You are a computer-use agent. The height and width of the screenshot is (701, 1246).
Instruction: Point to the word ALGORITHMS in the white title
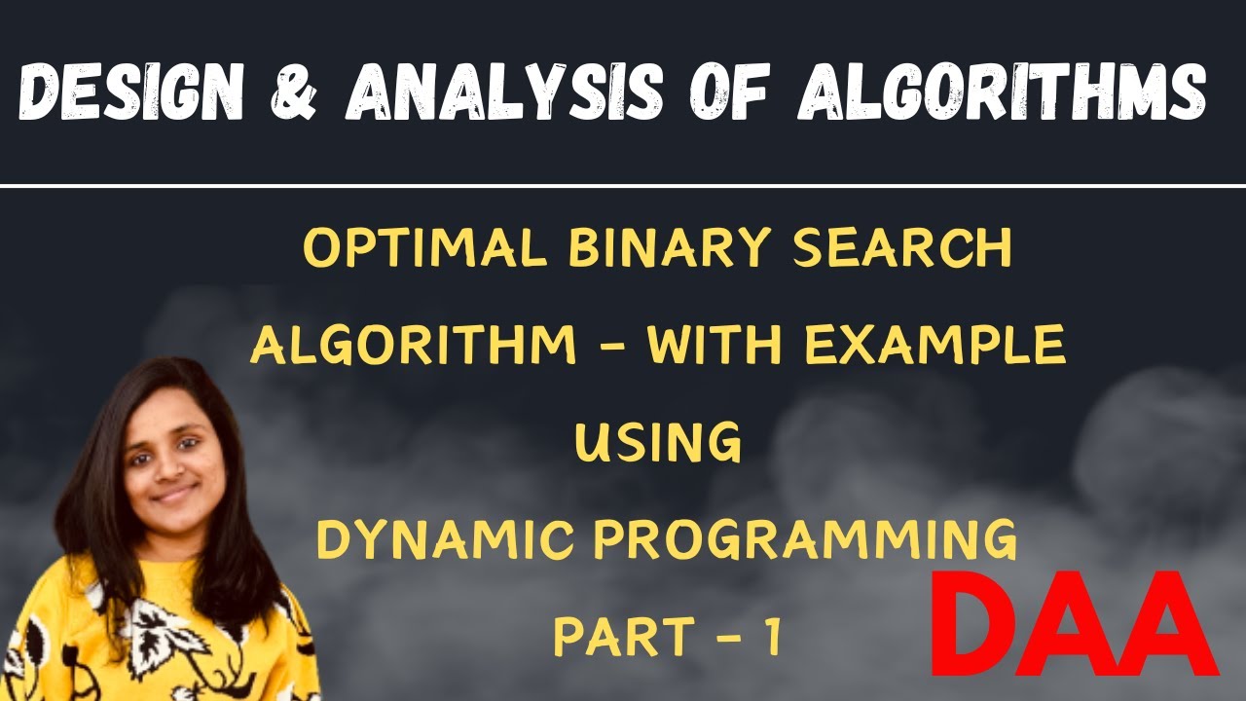click(x=1002, y=93)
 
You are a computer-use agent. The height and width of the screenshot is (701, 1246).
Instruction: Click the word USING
click(x=658, y=444)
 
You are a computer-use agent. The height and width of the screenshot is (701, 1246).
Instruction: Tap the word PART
click(x=623, y=637)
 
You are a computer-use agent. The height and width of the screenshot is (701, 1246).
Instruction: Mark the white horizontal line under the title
click(x=623, y=185)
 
